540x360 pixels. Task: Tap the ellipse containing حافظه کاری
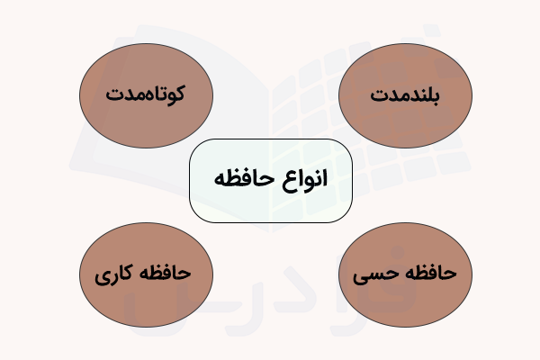pyautogui.click(x=146, y=273)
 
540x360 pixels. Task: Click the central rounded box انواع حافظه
pyautogui.click(x=270, y=180)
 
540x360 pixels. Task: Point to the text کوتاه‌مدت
pyautogui.click(x=146, y=94)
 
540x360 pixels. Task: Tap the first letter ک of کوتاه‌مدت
pyautogui.click(x=176, y=92)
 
